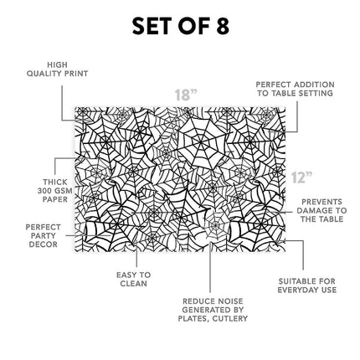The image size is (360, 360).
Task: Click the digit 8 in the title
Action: pyautogui.click(x=222, y=26)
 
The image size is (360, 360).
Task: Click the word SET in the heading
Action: pyautogui.click(x=152, y=26)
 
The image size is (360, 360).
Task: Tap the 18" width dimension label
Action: pyautogui.click(x=186, y=95)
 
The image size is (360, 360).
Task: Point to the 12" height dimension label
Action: pyautogui.click(x=301, y=177)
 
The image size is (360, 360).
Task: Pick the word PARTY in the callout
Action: pyautogui.click(x=43, y=236)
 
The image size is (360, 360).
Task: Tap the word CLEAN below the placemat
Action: pyautogui.click(x=133, y=284)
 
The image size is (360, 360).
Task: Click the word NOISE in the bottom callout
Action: pyautogui.click(x=229, y=301)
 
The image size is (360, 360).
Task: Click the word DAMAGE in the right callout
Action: pyautogui.click(x=312, y=210)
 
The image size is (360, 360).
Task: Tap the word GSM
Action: pyautogui.click(x=64, y=191)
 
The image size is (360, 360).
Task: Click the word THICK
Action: pyautogui.click(x=55, y=183)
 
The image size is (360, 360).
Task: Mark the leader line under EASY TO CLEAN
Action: pyautogui.click(x=136, y=256)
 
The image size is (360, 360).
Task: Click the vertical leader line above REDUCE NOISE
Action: pyautogui.click(x=210, y=267)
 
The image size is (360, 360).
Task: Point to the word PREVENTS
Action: pyautogui.click(x=321, y=202)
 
